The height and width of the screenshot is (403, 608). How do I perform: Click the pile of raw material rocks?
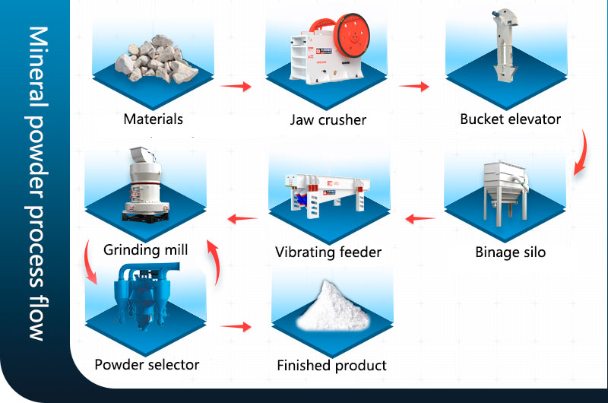coord(157,61)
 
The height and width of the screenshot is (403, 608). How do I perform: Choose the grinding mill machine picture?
coord(144,182)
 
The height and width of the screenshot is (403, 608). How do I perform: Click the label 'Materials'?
coord(154,119)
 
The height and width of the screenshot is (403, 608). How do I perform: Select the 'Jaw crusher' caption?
coord(328,119)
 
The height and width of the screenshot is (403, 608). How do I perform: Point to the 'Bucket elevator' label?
coord(510,119)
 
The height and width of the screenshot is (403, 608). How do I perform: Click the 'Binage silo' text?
coord(510,252)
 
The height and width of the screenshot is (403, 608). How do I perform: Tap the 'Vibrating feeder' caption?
coord(328,252)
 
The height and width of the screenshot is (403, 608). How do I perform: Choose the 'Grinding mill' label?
coord(146,249)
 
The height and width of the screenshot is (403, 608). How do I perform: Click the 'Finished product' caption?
coord(331,366)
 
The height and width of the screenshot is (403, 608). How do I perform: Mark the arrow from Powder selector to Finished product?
coord(236,327)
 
